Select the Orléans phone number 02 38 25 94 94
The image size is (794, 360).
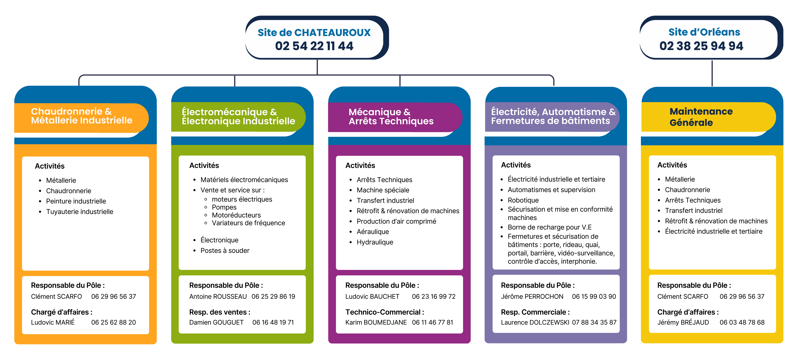point(701,46)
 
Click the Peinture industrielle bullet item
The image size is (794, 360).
point(76,201)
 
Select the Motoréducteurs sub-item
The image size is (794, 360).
point(236,215)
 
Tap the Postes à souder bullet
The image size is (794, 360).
point(225,251)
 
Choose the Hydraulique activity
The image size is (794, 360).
point(375,242)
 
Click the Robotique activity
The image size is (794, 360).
point(523,200)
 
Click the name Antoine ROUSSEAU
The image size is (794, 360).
point(218,297)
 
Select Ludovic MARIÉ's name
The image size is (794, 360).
point(53,322)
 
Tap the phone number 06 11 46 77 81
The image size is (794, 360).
point(432,322)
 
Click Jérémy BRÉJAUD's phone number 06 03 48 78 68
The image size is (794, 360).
point(742,322)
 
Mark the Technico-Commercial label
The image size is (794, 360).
point(384,312)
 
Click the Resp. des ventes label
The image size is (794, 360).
point(219,312)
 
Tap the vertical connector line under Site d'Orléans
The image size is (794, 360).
point(712,73)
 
